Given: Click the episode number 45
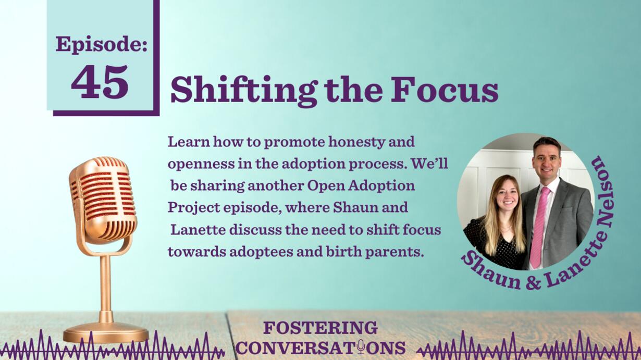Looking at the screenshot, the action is pos(100,82).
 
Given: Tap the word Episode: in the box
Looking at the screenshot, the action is pos(102,44).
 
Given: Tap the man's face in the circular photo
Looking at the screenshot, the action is pos(547,161).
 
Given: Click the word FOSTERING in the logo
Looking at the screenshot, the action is pos(320,328).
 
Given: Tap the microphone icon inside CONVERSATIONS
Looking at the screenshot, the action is pos(361,346).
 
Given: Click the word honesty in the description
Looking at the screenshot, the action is pos(356,142).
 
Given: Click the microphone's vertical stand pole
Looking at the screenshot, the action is pos(105,289).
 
